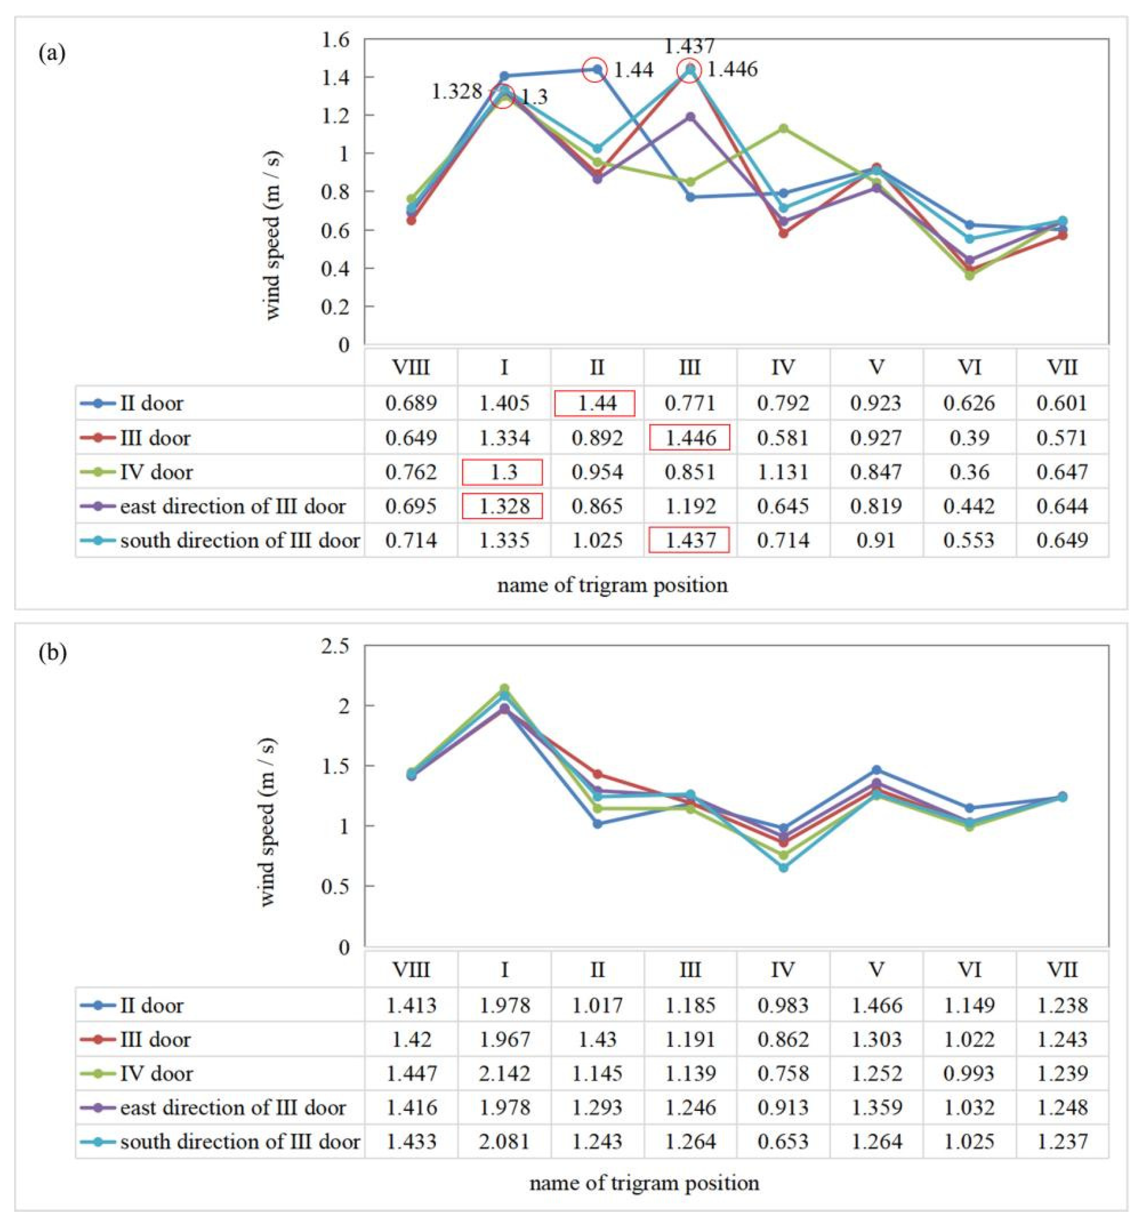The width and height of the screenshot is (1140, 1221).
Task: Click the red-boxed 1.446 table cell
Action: [x=690, y=438]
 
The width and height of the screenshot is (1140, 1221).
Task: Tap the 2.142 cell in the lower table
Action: [x=504, y=1073]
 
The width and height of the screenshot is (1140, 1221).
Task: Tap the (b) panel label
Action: [x=52, y=652]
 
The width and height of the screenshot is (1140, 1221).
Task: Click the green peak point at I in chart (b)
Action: [x=504, y=689]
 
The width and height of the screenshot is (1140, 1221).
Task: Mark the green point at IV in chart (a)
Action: [x=783, y=128]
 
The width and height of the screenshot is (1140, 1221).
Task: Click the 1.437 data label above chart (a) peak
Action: [x=690, y=46]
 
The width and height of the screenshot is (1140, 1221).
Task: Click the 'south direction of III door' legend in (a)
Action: [x=239, y=540]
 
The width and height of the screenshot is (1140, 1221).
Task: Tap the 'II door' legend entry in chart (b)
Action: [x=151, y=1005]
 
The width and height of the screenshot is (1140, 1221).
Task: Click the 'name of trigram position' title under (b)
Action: [x=643, y=1183]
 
